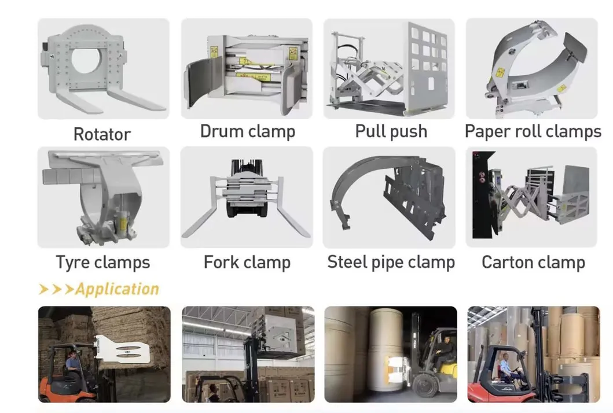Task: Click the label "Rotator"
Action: tap(102, 134)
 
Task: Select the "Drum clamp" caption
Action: tap(248, 131)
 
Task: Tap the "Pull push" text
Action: tap(391, 131)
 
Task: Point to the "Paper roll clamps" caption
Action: tap(533, 131)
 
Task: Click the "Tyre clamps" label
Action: tap(103, 262)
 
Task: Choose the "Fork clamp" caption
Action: tap(247, 262)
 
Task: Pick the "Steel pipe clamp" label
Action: tap(391, 262)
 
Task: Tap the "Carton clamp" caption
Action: tap(533, 262)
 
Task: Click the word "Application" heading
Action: tap(118, 289)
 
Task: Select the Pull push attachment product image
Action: tap(389, 69)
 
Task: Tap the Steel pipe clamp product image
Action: tap(389, 197)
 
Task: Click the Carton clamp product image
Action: tap(531, 197)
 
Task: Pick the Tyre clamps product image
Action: tap(104, 197)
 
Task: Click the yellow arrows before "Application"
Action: tap(56, 289)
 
